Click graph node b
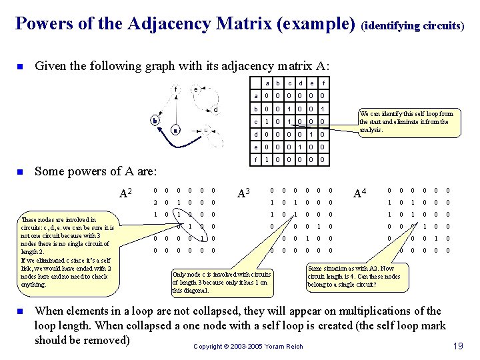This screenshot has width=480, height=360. pos(154,121)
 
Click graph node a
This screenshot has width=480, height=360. pos(175,130)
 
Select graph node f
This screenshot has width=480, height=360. pos(175,89)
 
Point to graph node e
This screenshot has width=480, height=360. pos(195,89)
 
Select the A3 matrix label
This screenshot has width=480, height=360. pos(245,194)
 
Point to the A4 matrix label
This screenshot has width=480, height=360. pos(359,194)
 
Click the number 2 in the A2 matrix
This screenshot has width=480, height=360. pos(155,203)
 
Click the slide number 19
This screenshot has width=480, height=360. pos(457,345)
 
